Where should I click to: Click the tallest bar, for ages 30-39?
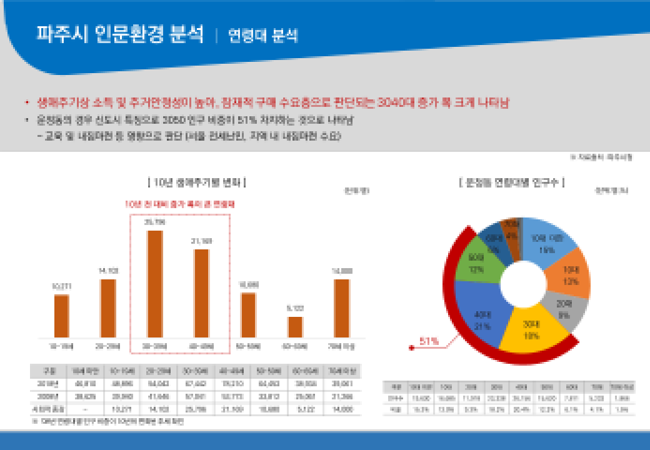coord(154,283)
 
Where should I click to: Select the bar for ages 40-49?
coord(201,292)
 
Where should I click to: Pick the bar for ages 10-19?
coord(61,316)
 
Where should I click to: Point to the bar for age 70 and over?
coord(341,307)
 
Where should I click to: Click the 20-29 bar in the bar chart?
coord(108,307)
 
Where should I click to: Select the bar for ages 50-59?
coord(248,314)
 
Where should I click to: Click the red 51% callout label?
coord(429,341)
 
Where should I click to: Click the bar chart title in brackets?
coord(197,182)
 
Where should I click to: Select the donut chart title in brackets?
coord(511,182)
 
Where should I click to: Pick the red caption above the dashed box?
coord(179,204)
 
